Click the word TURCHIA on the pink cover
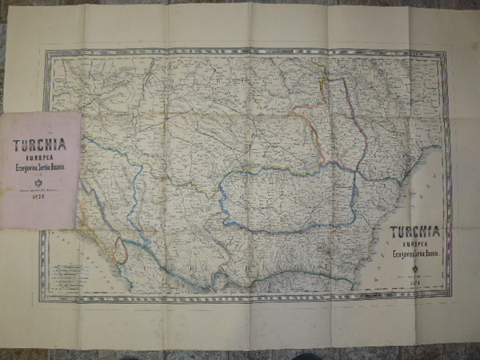pyautogui.click(x=39, y=146)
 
